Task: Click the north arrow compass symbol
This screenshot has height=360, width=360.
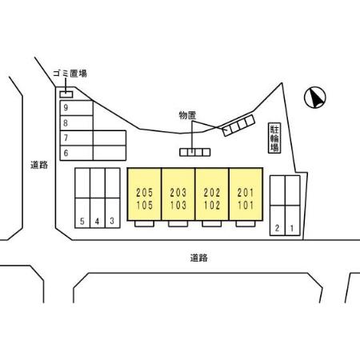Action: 315,98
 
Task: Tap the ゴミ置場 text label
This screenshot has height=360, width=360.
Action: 70,74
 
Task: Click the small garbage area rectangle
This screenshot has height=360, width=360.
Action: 66,94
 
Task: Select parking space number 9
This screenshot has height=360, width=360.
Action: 77,108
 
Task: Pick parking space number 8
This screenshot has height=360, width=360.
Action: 77,123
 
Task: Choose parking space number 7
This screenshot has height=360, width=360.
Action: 77,138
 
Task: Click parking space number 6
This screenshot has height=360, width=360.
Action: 77,153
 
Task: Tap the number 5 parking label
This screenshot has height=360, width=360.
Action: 82,221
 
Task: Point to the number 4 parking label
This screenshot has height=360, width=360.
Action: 97,221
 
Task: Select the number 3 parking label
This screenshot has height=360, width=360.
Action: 112,221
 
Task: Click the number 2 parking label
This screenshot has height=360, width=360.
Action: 278,228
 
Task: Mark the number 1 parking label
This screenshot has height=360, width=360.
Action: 292,228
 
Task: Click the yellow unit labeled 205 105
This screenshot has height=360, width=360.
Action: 144,194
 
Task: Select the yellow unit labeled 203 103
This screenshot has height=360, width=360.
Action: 178,194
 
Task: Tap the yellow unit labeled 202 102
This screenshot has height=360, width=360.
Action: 212,194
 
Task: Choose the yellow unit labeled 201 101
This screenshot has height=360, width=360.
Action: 246,194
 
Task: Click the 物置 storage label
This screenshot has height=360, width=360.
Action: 187,115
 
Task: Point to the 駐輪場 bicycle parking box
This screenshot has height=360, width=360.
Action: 274,138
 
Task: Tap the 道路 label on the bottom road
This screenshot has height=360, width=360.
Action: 199,258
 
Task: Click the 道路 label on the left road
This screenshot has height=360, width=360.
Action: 39,165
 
